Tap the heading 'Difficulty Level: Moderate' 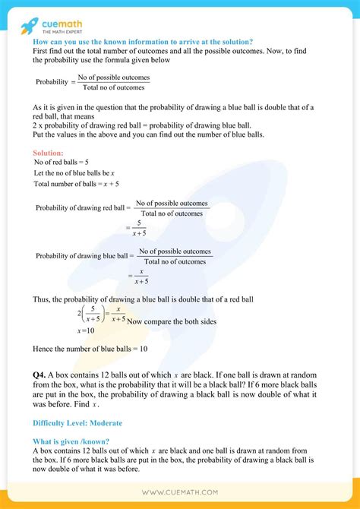coord(77,422)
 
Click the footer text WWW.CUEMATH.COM coord(179,491)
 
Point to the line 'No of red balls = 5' coord(62,163)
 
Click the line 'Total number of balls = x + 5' coord(76,184)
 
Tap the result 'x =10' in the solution coord(85,330)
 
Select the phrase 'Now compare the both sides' coord(172,322)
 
